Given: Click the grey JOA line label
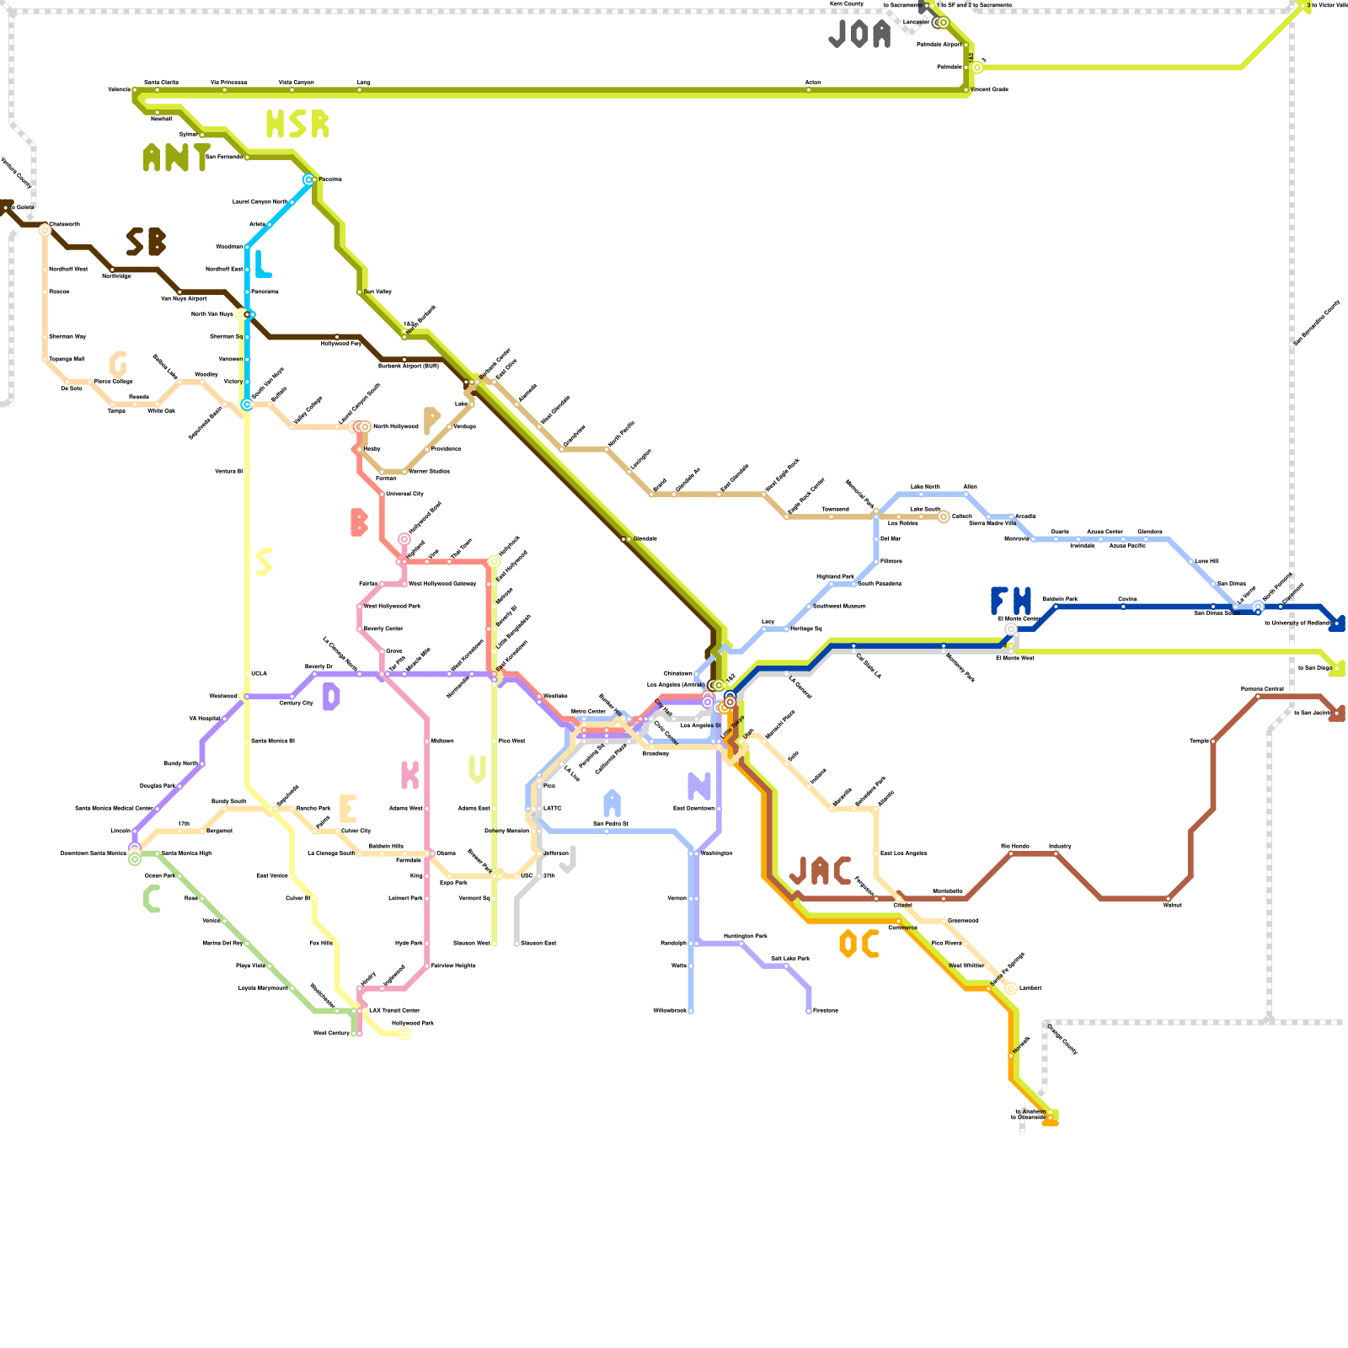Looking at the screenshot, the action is coord(859,35).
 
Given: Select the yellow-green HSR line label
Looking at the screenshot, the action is coord(297,125).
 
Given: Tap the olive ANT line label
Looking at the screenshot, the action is coord(176,158).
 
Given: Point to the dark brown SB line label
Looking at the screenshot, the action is coord(146,243).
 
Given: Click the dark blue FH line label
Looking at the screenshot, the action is coord(1011,602).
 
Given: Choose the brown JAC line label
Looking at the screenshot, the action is coord(820,871).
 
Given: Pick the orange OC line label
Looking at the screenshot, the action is coord(859,944).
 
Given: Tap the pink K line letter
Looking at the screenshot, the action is coord(409,775).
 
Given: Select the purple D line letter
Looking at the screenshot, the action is coord(331,697).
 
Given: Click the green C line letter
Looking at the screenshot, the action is coord(152,899).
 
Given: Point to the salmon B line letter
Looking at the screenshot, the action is coord(359,522).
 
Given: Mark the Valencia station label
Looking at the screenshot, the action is coord(120,89).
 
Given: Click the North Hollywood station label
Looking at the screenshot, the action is coord(396,426).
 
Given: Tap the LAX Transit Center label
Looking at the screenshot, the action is coord(394,1010).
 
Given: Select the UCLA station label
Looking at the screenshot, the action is coord(259,673).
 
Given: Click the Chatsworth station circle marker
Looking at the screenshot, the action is coord(45,230).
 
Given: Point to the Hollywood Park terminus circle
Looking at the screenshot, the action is coord(404,1034).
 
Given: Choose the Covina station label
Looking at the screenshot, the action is coord(1127,599).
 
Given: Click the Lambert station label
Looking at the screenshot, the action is coord(1030,988).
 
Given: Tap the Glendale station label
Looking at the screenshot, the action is coord(645,538).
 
